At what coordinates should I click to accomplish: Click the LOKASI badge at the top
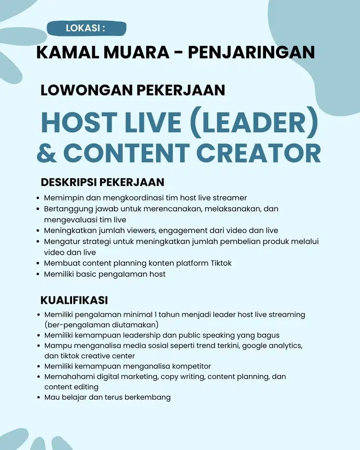coord(86,28)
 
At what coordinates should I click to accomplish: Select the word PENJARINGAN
coord(251,52)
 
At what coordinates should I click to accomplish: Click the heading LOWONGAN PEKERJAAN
coord(133,90)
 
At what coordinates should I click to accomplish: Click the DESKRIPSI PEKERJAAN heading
coord(103,182)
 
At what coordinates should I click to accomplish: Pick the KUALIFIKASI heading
coord(74,300)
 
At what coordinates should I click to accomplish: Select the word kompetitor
coord(189,366)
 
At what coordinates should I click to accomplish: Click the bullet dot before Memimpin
coord(37,198)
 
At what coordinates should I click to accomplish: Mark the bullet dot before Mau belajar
coord(37,398)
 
